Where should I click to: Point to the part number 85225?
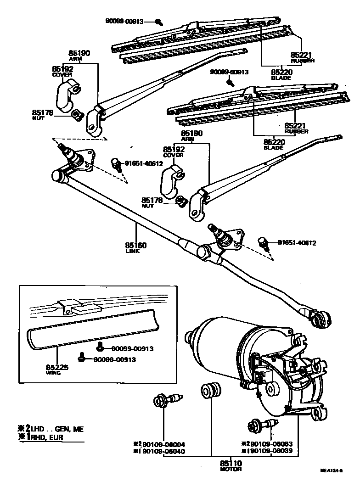pos(56,367)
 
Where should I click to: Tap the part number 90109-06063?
pos(273,444)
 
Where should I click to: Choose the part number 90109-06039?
pos(273,451)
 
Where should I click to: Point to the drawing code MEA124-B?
pos(332,470)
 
